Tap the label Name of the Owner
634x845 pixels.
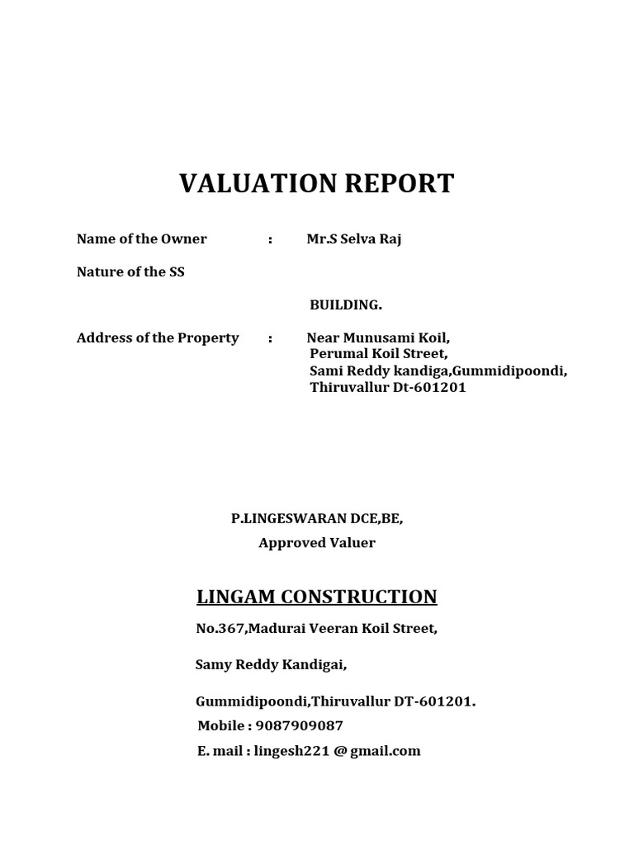coord(142,239)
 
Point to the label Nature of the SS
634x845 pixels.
coord(130,272)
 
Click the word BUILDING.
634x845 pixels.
coord(346,305)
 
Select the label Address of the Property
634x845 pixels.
coord(158,338)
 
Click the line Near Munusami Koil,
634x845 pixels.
coord(378,338)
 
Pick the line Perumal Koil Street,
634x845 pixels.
coord(378,354)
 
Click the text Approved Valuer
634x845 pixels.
coord(317,543)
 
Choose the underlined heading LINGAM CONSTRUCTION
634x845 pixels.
coord(316,597)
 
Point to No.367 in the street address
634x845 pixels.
coord(220,629)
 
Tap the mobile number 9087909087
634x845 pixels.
coord(300,726)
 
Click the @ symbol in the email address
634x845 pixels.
coord(340,751)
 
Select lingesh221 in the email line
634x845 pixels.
coord(293,751)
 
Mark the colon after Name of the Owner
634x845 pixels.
coord(270,239)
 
